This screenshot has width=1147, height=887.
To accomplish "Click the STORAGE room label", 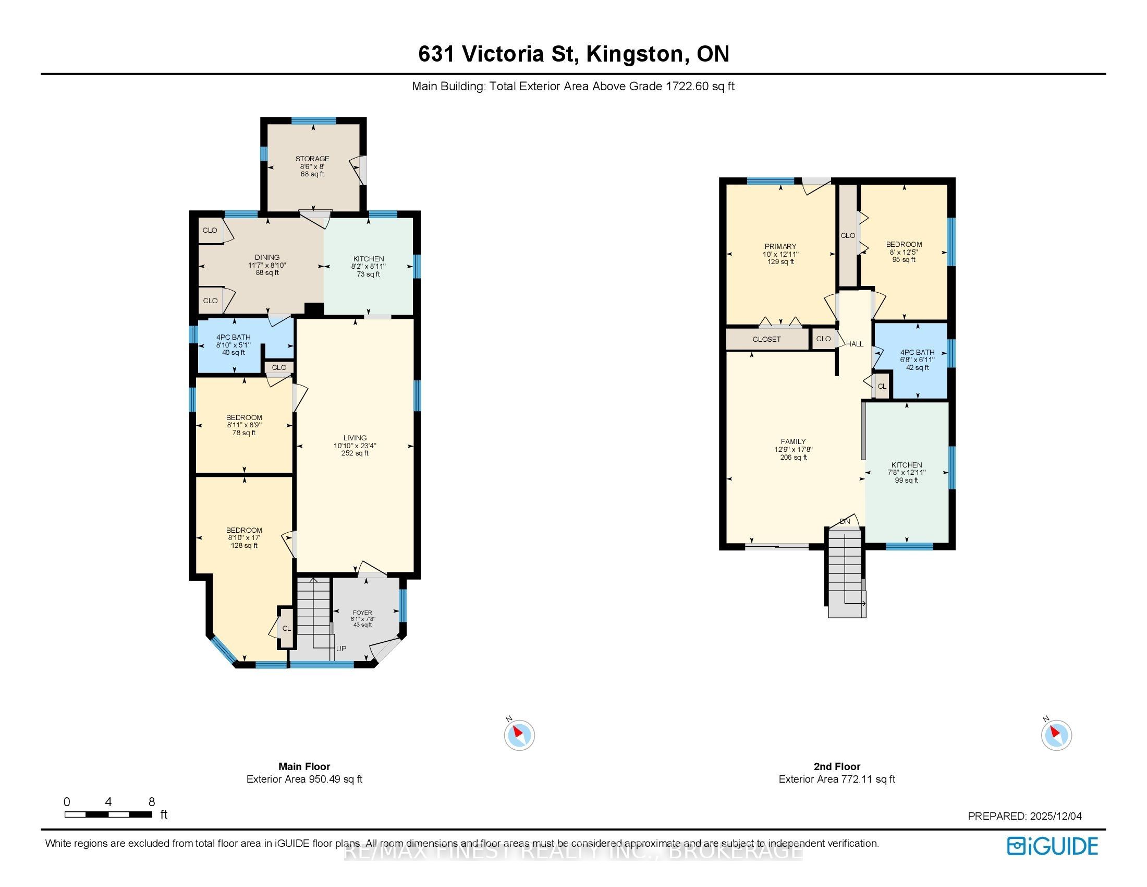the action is point(312,159).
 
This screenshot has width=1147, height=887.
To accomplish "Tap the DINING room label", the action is point(267,257).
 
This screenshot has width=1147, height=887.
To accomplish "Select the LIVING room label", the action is point(355,438).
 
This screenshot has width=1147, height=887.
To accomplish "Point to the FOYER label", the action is point(362,613).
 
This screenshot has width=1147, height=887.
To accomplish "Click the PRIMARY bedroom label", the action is point(780,246).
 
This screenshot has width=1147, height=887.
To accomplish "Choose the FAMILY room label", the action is point(793,442).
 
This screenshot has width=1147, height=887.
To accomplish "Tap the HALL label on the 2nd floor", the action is point(855,344).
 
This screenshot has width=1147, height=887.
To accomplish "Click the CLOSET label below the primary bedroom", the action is point(767,340).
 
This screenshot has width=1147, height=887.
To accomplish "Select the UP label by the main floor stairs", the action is point(341,649).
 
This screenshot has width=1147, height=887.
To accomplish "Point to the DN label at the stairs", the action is point(845,521).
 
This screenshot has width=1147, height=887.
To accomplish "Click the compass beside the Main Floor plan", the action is point(519,734).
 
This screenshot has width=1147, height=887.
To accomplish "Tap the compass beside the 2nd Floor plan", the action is point(1056,734).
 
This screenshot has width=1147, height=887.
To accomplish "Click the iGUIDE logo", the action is point(1053,845).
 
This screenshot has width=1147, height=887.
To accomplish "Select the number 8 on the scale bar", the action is point(152,801).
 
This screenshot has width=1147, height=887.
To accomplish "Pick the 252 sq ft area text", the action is point(355,453).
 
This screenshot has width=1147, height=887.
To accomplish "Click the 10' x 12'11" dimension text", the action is point(780,254).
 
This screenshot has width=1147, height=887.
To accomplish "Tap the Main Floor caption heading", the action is point(304,766).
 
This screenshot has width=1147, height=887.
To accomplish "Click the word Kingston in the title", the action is point(634,54).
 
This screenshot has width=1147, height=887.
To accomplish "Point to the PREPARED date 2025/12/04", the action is point(1055,816).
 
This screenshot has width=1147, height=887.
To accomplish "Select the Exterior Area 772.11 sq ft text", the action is point(837,780).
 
